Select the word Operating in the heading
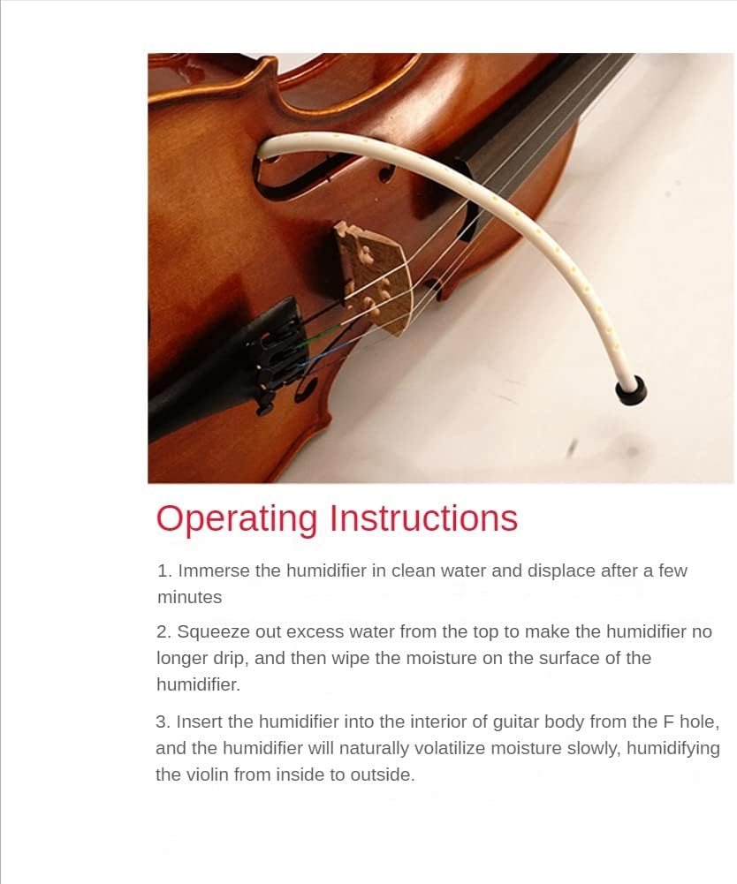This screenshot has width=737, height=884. [237, 519]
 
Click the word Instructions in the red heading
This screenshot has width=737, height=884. [423, 518]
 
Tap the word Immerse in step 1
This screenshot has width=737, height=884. [213, 570]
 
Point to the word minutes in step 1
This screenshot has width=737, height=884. [190, 597]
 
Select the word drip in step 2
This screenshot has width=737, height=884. [231, 659]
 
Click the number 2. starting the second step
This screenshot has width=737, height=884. [163, 632]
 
